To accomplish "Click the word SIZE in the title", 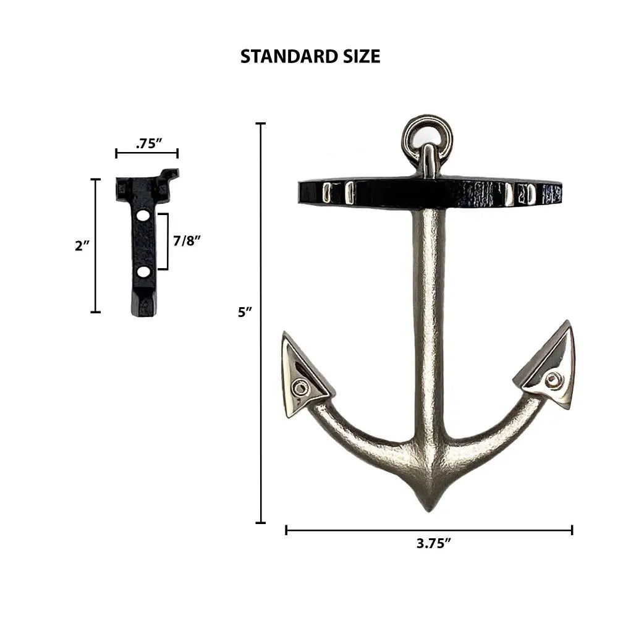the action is click(x=358, y=56).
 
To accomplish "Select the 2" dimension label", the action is click(x=82, y=246).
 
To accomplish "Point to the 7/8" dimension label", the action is click(x=187, y=240).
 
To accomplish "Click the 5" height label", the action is click(x=245, y=312).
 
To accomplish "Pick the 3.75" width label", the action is click(x=434, y=543).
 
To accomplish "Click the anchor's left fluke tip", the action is click(x=284, y=334).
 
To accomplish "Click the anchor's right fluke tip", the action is click(x=568, y=322).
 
